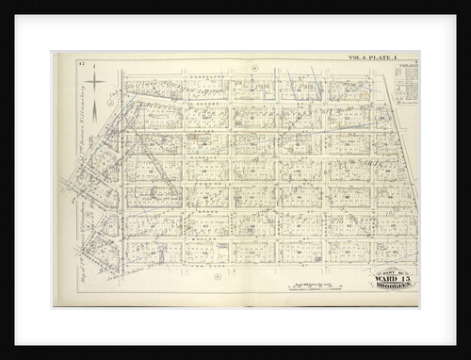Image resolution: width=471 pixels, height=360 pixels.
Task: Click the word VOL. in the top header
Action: click(x=354, y=57)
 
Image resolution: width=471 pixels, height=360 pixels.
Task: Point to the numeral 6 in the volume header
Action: click(x=365, y=57)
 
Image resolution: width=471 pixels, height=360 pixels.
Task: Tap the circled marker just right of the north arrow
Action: click(x=111, y=94)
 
